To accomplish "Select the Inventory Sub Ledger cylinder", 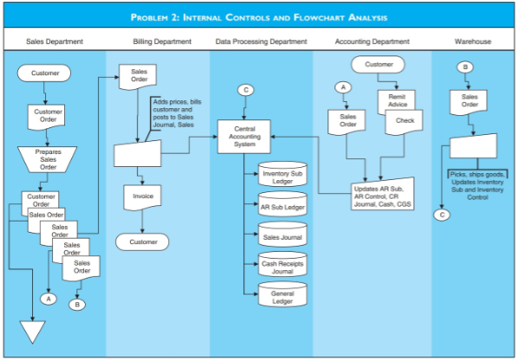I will click(282, 177).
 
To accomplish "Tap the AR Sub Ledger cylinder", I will click(282, 207).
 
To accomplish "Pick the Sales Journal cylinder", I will click(282, 235).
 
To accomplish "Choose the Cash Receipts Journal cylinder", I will click(282, 266).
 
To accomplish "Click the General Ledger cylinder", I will click(282, 297).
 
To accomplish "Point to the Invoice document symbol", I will click(143, 197).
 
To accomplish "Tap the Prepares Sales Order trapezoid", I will click(48, 159).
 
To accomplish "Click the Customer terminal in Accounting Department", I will click(379, 64).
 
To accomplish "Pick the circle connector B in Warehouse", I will click(466, 67).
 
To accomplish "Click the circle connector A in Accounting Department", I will click(344, 87).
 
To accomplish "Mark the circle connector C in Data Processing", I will click(246, 89).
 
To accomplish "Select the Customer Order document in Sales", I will click(48, 114).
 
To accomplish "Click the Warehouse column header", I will click(473, 41).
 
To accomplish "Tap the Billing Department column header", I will click(161, 41).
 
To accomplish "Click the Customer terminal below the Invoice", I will click(143, 241).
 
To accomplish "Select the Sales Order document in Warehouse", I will click(469, 103).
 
